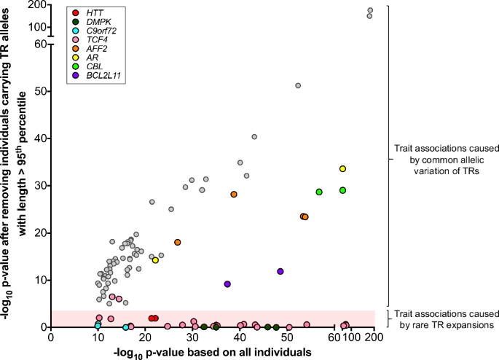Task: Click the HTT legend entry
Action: pyautogui.click(x=93, y=14)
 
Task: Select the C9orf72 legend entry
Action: pyautogui.click(x=101, y=31)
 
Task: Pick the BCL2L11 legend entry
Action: pyautogui.click(x=102, y=75)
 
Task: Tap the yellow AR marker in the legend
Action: pyautogui.click(x=76, y=58)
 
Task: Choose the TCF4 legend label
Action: pyautogui.click(x=95, y=40)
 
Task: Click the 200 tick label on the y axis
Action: pyautogui.click(x=36, y=5)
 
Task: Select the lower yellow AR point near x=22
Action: pyautogui.click(x=155, y=260)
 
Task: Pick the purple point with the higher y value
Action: pyautogui.click(x=280, y=271)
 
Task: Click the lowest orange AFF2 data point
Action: pyautogui.click(x=177, y=242)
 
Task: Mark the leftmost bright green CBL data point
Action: pyautogui.click(x=319, y=192)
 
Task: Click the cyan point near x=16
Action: pyautogui.click(x=125, y=327)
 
